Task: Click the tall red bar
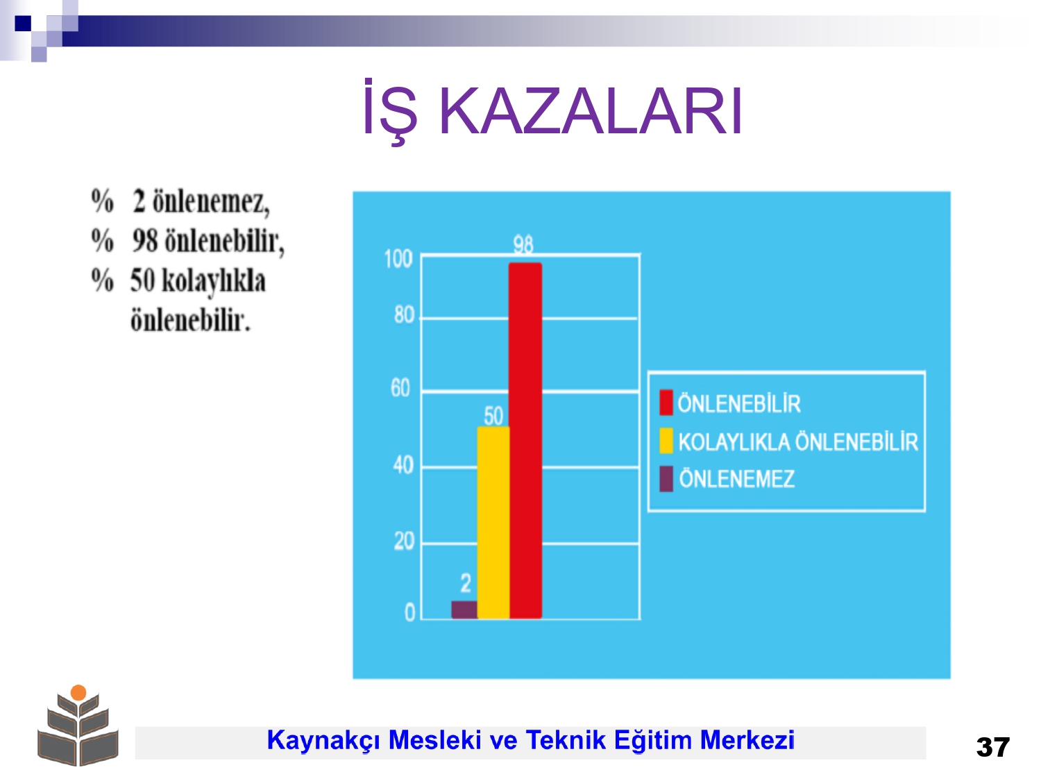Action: click(x=525, y=441)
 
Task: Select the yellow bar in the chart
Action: click(x=493, y=523)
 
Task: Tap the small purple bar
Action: click(x=464, y=610)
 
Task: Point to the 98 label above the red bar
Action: click(x=523, y=244)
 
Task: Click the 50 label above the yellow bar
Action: click(x=493, y=416)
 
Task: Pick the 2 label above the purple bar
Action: click(x=466, y=582)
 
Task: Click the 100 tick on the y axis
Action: click(x=398, y=260)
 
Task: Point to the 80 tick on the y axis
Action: click(x=404, y=315)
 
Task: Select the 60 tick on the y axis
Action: click(x=400, y=388)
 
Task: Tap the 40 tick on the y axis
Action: click(x=403, y=465)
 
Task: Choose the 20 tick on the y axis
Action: click(x=404, y=541)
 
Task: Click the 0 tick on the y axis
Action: click(x=409, y=613)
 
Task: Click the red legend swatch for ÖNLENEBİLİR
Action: click(x=666, y=403)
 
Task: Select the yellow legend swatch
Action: click(x=666, y=441)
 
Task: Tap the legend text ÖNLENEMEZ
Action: click(x=736, y=478)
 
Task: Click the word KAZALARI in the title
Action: click(x=591, y=112)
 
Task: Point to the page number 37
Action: click(x=992, y=748)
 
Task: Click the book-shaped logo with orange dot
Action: click(x=78, y=725)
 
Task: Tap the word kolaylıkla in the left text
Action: click(x=214, y=281)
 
